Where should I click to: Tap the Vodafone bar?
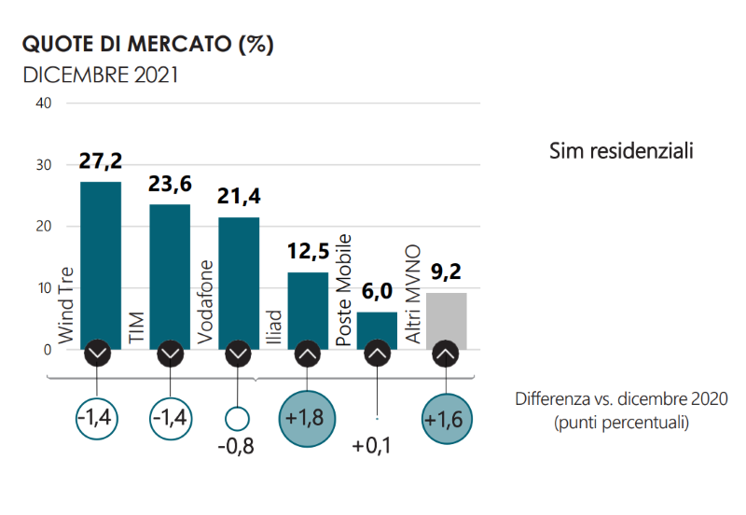[239, 280]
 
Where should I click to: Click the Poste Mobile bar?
[377, 327]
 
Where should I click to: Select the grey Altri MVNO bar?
[446, 317]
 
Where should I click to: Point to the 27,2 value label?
[100, 161]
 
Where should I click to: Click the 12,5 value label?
[308, 253]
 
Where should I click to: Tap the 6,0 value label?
[377, 292]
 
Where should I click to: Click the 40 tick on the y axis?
[42, 103]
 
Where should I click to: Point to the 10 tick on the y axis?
[42, 288]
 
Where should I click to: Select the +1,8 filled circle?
[308, 418]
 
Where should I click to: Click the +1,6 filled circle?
[447, 420]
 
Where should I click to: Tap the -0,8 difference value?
[236, 446]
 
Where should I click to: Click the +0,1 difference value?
[372, 446]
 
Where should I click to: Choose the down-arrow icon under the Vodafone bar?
[239, 355]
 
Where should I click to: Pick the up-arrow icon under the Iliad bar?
[308, 355]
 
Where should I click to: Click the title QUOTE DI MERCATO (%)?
[147, 44]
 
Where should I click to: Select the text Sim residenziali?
[620, 150]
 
